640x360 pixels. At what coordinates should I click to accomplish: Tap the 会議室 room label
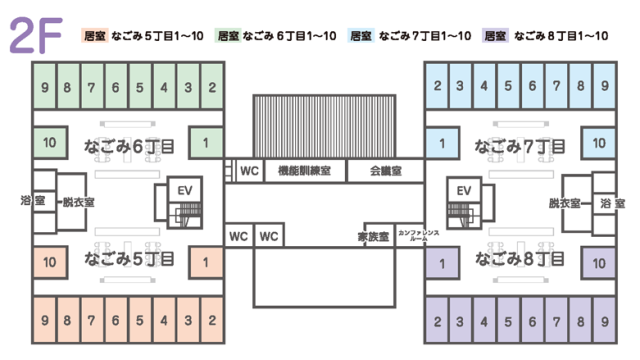point(385,170)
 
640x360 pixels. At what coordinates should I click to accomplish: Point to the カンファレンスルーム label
point(412,236)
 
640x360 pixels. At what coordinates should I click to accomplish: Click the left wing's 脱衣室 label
point(77,201)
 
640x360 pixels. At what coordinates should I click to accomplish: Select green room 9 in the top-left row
point(44,86)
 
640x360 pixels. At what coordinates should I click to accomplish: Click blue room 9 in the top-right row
point(605,86)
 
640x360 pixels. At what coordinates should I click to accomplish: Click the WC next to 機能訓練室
point(249,170)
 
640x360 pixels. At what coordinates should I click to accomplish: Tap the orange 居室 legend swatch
point(96,36)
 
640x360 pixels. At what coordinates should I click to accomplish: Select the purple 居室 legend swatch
point(494,36)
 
